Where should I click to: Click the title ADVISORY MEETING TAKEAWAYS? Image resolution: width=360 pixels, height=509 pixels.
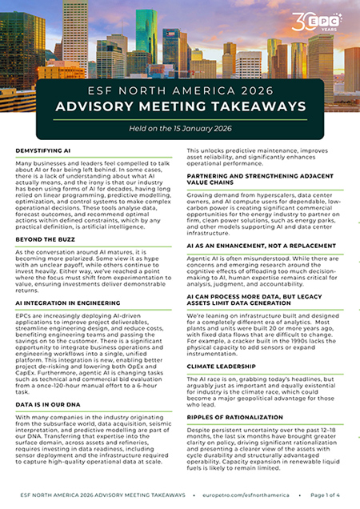coord(179,106)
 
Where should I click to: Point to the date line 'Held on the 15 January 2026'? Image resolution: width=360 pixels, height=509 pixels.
coord(179,130)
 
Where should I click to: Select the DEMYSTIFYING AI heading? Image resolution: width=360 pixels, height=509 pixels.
coord(46,150)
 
